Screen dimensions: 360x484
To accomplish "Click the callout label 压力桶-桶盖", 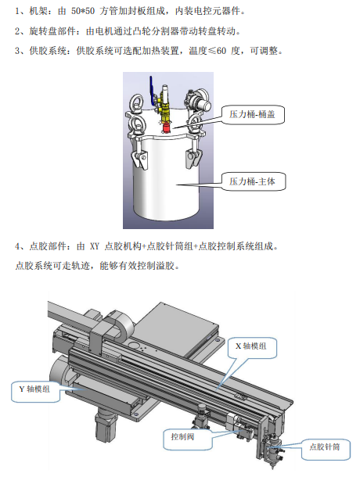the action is coord(253,115).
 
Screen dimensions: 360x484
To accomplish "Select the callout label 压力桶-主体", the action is coord(253,181).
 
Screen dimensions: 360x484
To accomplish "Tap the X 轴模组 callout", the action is coord(252,348).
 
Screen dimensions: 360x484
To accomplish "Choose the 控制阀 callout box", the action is coord(187,439).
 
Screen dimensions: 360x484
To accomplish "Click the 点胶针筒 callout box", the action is coord(326,449).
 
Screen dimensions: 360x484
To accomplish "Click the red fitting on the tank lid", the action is coord(167,127).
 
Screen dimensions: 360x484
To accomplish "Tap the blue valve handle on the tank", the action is coord(152,89).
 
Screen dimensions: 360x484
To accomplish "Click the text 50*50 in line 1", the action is coord(83,12).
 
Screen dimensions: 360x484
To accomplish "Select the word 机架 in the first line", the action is coord(38,12).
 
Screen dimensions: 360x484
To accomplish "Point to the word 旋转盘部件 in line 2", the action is coord(52,31).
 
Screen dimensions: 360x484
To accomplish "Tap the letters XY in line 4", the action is coord(94,246).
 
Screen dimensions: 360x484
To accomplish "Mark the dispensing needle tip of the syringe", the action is coord(273,468).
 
